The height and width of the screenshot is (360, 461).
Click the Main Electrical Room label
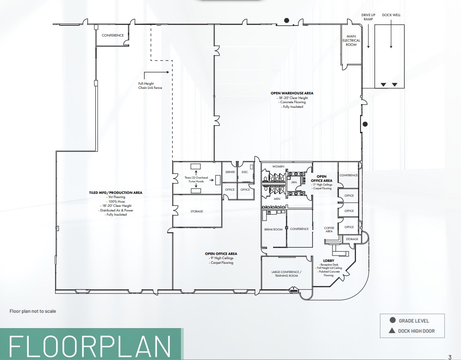pos(351,40)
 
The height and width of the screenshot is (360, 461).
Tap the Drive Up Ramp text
pos(368,17)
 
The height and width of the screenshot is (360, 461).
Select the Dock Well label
pos(391,15)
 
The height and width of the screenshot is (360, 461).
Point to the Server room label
pos(230,172)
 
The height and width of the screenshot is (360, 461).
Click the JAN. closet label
pos(293,182)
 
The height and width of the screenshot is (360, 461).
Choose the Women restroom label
pos(278,166)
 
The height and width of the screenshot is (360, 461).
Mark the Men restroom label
pos(277,199)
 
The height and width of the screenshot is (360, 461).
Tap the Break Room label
pos(273,229)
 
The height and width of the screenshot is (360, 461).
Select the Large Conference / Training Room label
pos(286,273)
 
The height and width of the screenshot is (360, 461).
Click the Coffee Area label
pos(329,230)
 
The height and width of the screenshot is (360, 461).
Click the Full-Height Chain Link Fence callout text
pos(150,85)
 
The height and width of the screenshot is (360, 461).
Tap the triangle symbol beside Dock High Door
pos(392,331)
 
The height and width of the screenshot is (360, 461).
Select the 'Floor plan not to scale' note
pos(33,311)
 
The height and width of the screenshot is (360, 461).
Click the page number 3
pos(449,357)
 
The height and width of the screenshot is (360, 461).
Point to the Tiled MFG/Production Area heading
pos(116,192)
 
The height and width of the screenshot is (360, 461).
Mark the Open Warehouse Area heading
pos(292,93)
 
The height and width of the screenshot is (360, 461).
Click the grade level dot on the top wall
pos(287,20)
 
